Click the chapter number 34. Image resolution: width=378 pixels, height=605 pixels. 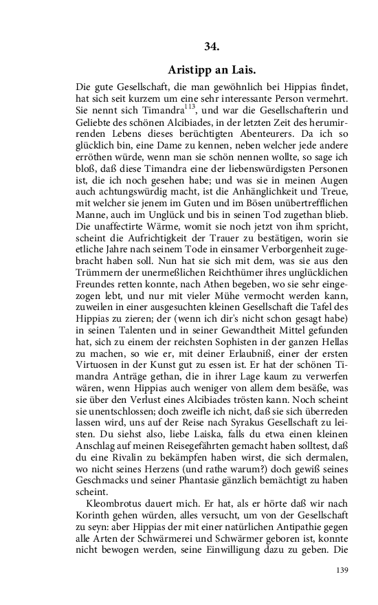tap(212, 46)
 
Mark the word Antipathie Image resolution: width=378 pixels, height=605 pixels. tap(296, 531)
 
